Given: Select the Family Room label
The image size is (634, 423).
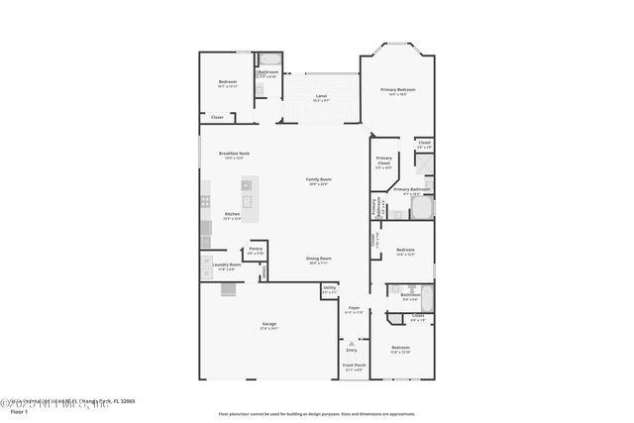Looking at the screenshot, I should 318,180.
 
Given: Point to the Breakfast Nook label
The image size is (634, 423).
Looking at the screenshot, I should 234,154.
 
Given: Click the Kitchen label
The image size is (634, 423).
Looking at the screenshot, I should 232,215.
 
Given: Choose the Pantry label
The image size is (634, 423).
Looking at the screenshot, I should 256,250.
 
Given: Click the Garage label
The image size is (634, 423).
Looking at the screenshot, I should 268,325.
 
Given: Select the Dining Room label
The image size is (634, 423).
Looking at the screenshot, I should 318,260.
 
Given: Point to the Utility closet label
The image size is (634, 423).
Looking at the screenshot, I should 330,290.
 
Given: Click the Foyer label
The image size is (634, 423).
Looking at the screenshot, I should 354,309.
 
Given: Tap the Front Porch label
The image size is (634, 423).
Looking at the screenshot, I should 354,365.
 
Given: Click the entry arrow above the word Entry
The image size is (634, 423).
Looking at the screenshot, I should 351,342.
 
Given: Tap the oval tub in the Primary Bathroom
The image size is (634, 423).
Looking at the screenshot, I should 423,209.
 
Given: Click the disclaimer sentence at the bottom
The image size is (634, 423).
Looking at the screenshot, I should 316,413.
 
